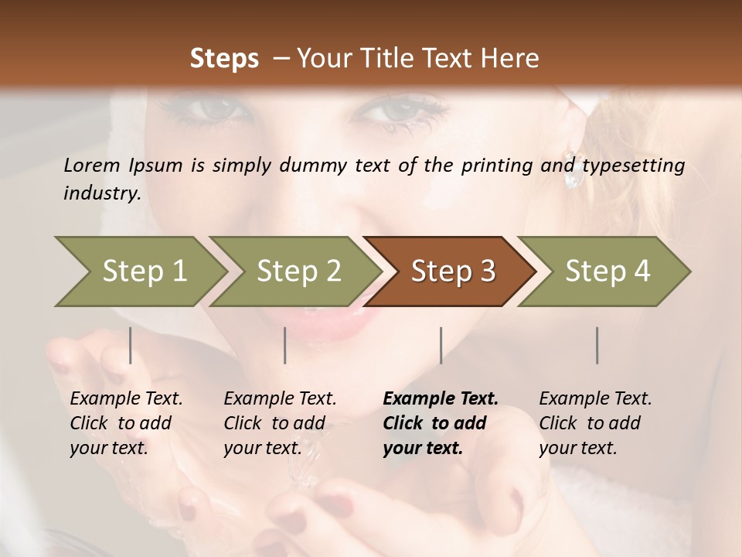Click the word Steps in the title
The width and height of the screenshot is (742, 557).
tap(224, 59)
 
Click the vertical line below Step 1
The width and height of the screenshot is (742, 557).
tap(130, 345)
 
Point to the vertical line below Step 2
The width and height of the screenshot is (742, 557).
tap(285, 345)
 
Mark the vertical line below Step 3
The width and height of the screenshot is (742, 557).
tap(441, 345)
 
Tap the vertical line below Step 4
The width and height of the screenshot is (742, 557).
tap(597, 345)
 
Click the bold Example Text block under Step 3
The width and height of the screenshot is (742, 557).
tap(441, 423)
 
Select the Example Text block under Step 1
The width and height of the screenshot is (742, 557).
tap(126, 423)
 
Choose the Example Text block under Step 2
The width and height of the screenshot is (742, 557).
tap(280, 423)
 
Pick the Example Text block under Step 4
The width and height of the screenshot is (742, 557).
tap(595, 423)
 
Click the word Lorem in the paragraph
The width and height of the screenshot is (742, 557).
tap(92, 165)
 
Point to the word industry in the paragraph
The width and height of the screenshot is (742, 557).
tap(102, 193)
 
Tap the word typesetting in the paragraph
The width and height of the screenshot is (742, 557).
tap(633, 166)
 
